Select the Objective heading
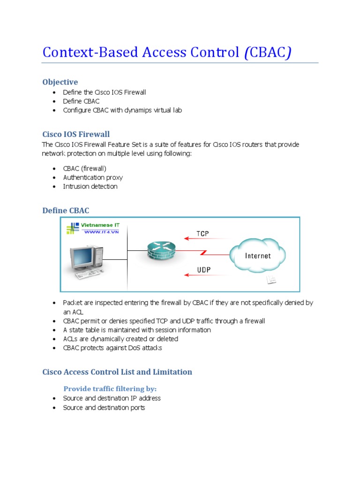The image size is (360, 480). point(60,82)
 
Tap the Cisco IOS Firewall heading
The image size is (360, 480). point(76,135)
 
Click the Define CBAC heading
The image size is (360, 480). point(66,210)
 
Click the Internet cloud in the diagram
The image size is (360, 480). point(257,255)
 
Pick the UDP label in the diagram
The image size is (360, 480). point(203,270)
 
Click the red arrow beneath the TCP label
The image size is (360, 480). point(203,239)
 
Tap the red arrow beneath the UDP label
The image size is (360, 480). point(203,276)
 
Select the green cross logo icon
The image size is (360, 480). point(73,229)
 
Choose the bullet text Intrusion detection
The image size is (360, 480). point(90,186)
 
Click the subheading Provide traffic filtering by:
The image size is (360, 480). point(110,389)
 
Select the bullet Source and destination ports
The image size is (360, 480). point(104,407)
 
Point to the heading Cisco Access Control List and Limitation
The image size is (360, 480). point(117,372)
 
